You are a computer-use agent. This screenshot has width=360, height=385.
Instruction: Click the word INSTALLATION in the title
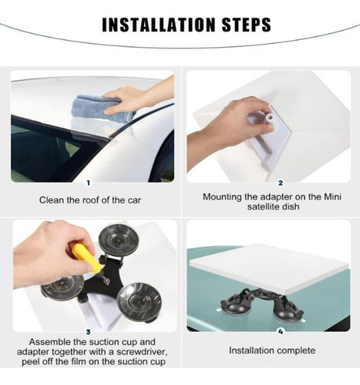point(158,25)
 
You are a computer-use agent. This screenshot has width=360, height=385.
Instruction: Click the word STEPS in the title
point(246,25)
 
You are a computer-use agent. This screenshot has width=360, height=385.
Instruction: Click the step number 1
point(89,183)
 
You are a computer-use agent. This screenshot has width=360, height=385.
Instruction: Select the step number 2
point(281,183)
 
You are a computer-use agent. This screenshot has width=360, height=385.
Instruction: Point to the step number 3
point(89,332)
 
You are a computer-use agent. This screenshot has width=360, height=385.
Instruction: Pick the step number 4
point(281,332)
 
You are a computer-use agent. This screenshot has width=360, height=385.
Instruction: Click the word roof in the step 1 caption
point(91,200)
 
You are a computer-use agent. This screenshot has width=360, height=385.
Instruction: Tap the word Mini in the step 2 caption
point(332,197)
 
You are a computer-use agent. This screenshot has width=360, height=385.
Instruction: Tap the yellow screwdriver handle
point(84,257)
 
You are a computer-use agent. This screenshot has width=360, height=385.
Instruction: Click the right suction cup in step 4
point(288,310)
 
